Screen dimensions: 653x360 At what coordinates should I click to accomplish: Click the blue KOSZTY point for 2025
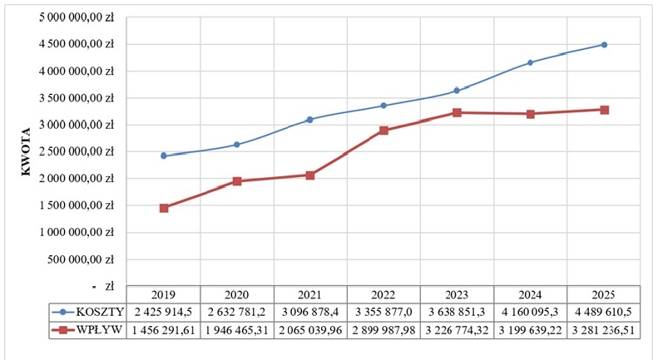coord(604,45)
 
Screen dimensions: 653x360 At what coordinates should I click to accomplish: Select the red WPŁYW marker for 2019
coord(164,208)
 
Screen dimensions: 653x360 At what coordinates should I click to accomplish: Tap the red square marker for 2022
coord(383,131)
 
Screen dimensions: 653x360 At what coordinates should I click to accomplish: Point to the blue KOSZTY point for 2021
coord(309,120)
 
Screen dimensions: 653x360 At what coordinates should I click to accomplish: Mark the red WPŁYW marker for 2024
coord(530,114)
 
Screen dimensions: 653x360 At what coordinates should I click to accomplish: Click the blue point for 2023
coord(457,91)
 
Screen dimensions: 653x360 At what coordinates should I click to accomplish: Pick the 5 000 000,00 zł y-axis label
coord(77,17)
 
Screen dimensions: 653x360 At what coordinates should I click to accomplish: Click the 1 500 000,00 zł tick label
coord(77,205)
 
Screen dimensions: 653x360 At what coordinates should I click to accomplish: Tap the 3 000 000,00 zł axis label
coord(77,125)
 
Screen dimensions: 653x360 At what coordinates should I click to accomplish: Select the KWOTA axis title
coord(26,152)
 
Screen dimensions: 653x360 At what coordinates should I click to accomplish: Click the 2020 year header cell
coord(236,294)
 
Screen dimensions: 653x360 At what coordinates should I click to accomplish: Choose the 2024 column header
coord(530,294)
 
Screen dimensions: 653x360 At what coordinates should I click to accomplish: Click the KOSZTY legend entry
coord(88,312)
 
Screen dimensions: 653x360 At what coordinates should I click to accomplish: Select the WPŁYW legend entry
coord(88,330)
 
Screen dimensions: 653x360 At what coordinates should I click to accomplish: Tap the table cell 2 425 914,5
coord(163,312)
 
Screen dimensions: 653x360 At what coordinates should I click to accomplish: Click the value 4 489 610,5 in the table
coord(603,312)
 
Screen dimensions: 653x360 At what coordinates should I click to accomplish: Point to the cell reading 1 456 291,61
coord(163,330)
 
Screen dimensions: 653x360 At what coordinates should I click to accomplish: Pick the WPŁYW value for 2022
coord(383,330)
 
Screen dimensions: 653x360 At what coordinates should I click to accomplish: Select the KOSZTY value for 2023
coord(457,312)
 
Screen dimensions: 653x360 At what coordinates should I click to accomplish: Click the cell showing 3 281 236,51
coord(603,330)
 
